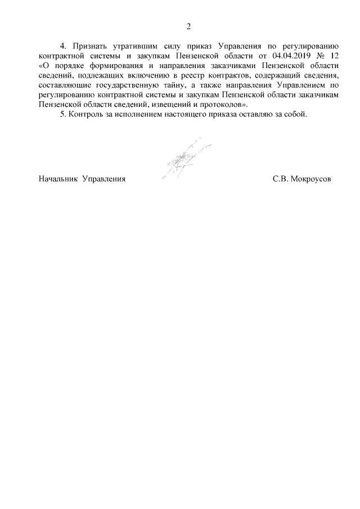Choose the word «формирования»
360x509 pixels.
tap(118, 67)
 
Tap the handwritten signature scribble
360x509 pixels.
tap(183, 157)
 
